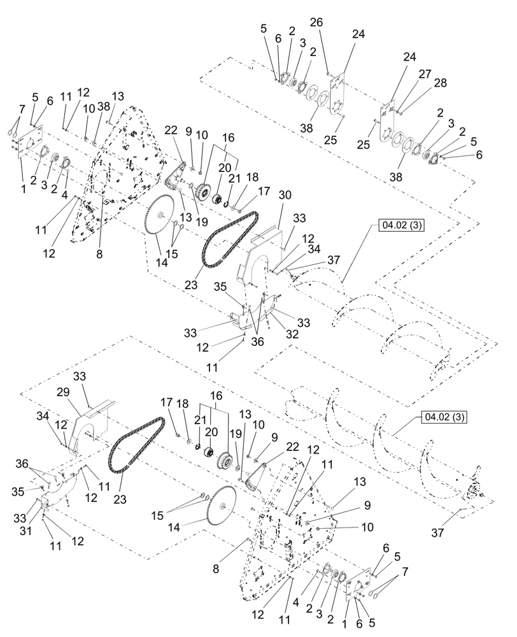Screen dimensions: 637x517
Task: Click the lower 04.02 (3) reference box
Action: click(x=443, y=418)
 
